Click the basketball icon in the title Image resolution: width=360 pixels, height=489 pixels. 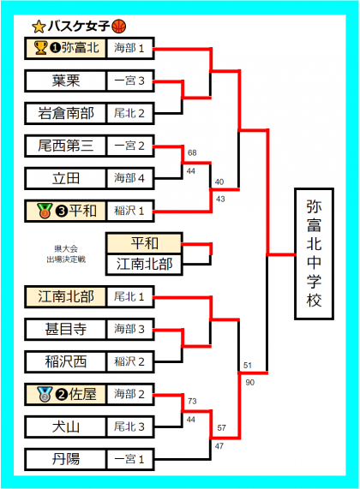[x=118, y=27]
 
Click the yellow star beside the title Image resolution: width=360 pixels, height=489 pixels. [x=39, y=27]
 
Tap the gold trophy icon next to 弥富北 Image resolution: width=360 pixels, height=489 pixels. [x=41, y=48]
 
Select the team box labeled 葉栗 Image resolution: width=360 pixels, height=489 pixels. [x=65, y=81]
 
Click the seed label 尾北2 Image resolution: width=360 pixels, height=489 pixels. [x=129, y=113]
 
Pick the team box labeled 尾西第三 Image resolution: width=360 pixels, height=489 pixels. [x=65, y=146]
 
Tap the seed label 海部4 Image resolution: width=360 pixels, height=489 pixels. [x=129, y=178]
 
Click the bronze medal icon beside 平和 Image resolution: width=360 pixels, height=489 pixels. [x=45, y=211]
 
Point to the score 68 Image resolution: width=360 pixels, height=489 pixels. [x=192, y=152]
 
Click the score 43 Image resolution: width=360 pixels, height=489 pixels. [x=220, y=199]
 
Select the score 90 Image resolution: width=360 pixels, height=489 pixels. [x=249, y=382]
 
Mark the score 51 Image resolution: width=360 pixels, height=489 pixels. [x=248, y=365]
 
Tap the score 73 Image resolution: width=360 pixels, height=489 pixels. [x=192, y=401]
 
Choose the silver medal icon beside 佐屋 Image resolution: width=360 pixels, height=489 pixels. [x=45, y=394]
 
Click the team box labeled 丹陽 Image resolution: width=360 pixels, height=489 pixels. [x=65, y=459]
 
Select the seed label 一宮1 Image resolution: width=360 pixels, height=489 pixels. [x=129, y=459]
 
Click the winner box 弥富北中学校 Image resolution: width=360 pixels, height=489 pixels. [x=314, y=253]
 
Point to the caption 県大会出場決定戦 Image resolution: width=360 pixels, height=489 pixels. [x=66, y=253]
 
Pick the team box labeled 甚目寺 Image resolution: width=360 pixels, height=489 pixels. [x=65, y=329]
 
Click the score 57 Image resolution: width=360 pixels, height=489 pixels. [x=221, y=428]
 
